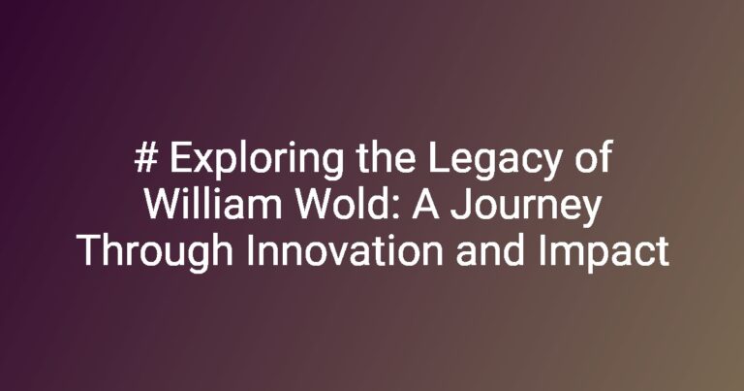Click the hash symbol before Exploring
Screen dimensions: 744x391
pyautogui.click(x=145, y=157)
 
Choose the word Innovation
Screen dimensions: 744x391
pyautogui.click(x=345, y=250)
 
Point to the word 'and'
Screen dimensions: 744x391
pyautogui.click(x=490, y=250)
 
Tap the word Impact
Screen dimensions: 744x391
pyautogui.click(x=604, y=254)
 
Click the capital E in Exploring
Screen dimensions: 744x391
pyautogui.click(x=180, y=157)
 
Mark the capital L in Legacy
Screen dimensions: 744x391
pyautogui.click(x=438, y=157)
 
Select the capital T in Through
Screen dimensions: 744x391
pyautogui.click(x=89, y=251)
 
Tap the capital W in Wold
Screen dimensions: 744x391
pyautogui.click(x=314, y=205)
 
